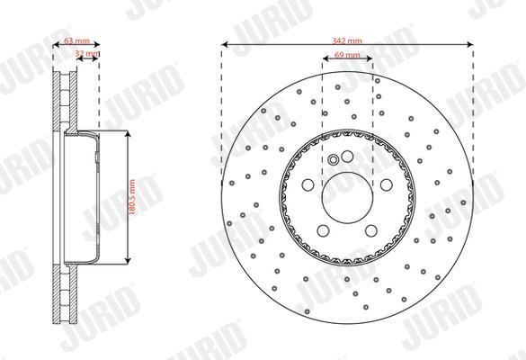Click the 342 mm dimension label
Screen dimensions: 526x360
click(347, 41)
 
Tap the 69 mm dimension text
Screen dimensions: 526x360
click(347, 55)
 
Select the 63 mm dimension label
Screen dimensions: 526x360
click(76, 41)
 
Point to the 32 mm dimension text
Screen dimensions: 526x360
click(87, 53)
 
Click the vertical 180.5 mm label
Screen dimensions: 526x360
click(132, 197)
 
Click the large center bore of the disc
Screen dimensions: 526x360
click(347, 197)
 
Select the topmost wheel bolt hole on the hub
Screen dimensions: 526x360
click(347, 157)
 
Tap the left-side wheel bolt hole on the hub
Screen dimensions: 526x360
click(308, 185)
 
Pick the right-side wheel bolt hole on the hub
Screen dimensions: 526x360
click(387, 185)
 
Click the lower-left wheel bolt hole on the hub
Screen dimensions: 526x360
click(323, 230)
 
